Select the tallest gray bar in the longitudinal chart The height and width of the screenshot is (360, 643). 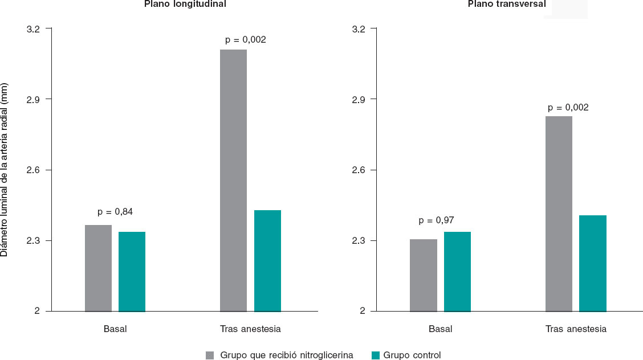233,180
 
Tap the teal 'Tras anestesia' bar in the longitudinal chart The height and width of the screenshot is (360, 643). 267,260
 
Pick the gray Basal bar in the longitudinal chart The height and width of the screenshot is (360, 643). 98,268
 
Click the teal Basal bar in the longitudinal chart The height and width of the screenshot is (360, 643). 132,271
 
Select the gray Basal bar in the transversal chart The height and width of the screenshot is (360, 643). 423,275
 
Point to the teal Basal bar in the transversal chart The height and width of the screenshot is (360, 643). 457,271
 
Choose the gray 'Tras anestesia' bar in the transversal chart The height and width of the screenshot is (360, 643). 559,214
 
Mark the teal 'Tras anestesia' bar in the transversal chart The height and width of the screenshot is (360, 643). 593,263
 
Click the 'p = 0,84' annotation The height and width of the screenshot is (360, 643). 115,212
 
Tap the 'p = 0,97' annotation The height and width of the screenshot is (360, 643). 436,220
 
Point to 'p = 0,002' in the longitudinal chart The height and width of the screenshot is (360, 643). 246,40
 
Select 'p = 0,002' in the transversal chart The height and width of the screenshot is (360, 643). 568,107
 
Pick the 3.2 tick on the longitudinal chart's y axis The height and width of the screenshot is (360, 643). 35,28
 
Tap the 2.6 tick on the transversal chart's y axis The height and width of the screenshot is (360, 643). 360,170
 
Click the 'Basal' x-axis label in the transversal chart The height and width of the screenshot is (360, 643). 440,329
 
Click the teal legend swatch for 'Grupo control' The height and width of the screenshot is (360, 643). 376,355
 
